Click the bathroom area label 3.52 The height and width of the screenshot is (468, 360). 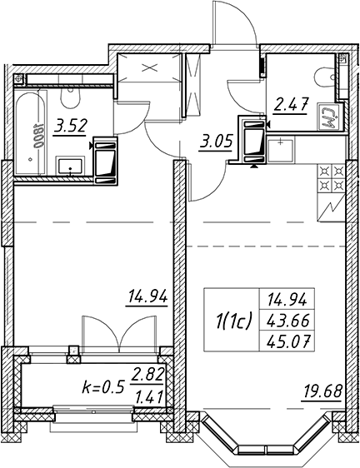click(70, 127)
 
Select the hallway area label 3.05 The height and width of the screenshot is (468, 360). click(216, 142)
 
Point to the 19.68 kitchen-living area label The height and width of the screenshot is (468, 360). click(322, 392)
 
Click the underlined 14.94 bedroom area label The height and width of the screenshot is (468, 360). click(147, 296)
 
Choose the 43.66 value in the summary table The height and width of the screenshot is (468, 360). click(287, 321)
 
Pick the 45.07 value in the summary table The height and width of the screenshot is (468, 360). click(287, 341)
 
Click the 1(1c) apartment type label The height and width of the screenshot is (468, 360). click(234, 321)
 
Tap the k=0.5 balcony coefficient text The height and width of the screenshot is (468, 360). click(102, 388)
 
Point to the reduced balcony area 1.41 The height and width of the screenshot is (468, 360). click(149, 397)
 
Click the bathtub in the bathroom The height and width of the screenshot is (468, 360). click(31, 132)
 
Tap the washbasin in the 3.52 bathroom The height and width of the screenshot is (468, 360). click(70, 167)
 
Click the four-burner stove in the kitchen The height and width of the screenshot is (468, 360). click(331, 179)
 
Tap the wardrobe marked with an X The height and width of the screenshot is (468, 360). click(149, 67)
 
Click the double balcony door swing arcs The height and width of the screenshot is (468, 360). click(119, 331)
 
